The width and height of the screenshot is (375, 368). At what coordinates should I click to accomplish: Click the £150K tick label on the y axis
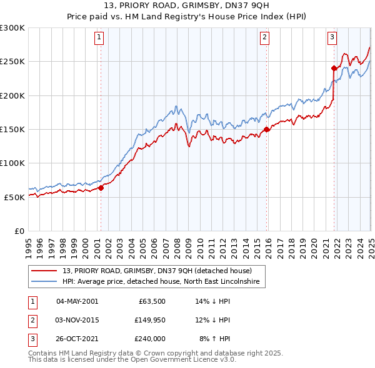[x=12, y=129]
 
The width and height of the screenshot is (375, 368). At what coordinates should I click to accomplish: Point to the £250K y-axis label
[x=12, y=62]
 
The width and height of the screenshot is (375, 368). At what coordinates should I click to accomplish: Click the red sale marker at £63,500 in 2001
[x=101, y=188]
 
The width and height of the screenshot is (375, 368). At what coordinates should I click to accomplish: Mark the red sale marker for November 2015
[x=267, y=130]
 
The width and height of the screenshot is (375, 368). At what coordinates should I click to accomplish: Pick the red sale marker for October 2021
[x=334, y=69]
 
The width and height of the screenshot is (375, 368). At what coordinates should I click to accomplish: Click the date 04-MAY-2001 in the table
[x=77, y=301]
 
